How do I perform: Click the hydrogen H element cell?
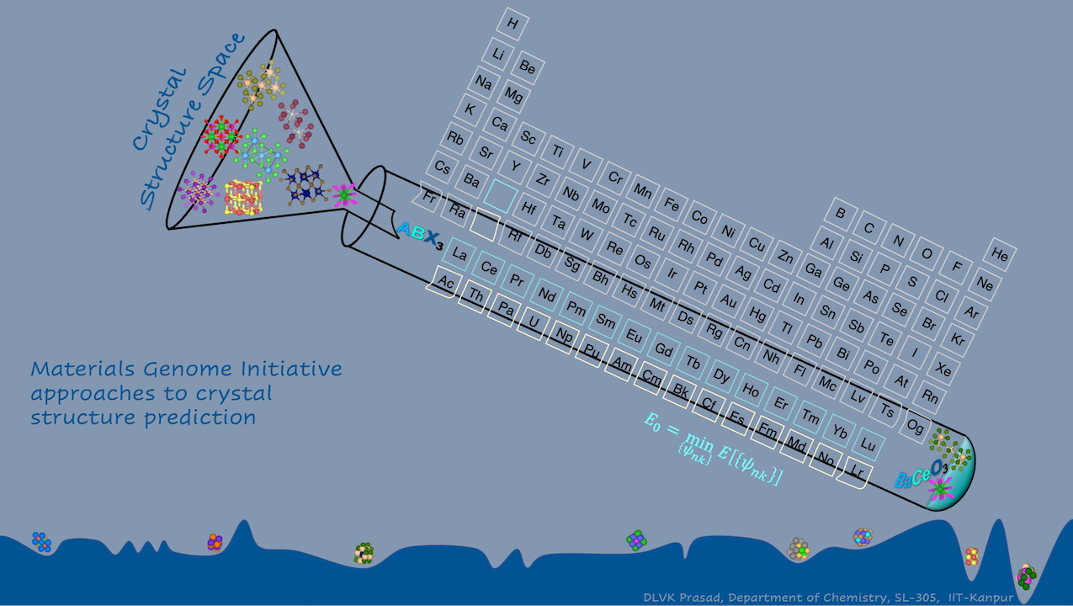(x=513, y=24)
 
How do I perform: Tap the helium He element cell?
(x=1000, y=254)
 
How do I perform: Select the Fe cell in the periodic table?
(x=671, y=205)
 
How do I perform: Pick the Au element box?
(x=728, y=300)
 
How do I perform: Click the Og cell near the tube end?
(x=915, y=426)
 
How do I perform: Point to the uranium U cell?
(x=534, y=322)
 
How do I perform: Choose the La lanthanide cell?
(x=459, y=253)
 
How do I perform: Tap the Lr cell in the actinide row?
(x=857, y=472)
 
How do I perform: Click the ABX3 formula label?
(x=420, y=235)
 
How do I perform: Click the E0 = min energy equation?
(x=714, y=448)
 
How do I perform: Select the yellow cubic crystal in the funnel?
(x=243, y=197)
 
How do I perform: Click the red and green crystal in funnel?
(x=221, y=136)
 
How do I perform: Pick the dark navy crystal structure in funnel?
(x=305, y=184)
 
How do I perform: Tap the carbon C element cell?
(x=868, y=227)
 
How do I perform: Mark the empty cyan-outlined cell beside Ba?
(x=500, y=195)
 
